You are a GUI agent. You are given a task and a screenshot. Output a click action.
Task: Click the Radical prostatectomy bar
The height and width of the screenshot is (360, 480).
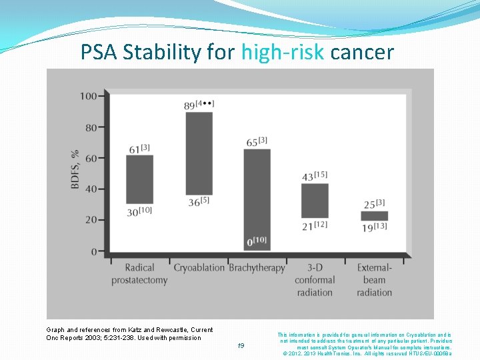pos(139,179)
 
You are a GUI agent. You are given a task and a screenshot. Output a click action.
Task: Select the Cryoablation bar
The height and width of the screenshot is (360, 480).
pos(199,153)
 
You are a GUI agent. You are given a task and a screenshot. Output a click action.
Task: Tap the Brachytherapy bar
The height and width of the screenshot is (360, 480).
pos(257,199)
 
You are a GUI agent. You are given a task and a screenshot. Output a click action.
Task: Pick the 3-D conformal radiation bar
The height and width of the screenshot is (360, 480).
pos(315,201)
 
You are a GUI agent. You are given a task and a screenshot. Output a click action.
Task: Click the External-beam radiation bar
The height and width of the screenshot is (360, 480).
pos(374,216)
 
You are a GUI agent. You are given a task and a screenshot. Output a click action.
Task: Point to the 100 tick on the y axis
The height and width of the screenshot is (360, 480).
pos(88,96)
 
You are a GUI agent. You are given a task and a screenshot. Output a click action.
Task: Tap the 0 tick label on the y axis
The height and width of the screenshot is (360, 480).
pos(93,251)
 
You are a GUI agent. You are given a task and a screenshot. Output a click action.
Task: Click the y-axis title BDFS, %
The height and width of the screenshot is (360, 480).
pos(75,169)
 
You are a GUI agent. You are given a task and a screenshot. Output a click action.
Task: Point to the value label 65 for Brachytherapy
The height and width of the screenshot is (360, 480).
pos(252,143)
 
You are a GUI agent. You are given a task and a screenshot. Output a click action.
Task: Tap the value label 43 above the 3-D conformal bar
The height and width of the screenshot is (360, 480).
pos(307,177)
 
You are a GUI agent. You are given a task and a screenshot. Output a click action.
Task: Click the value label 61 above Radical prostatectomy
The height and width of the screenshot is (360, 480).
pos(133,149)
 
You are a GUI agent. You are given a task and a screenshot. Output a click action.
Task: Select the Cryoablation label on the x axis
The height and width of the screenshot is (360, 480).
pos(199,268)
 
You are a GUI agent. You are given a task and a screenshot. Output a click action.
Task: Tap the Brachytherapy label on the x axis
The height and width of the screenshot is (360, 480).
pos(257,268)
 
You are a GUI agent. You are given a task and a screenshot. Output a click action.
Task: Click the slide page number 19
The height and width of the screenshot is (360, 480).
pos(241,345)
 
